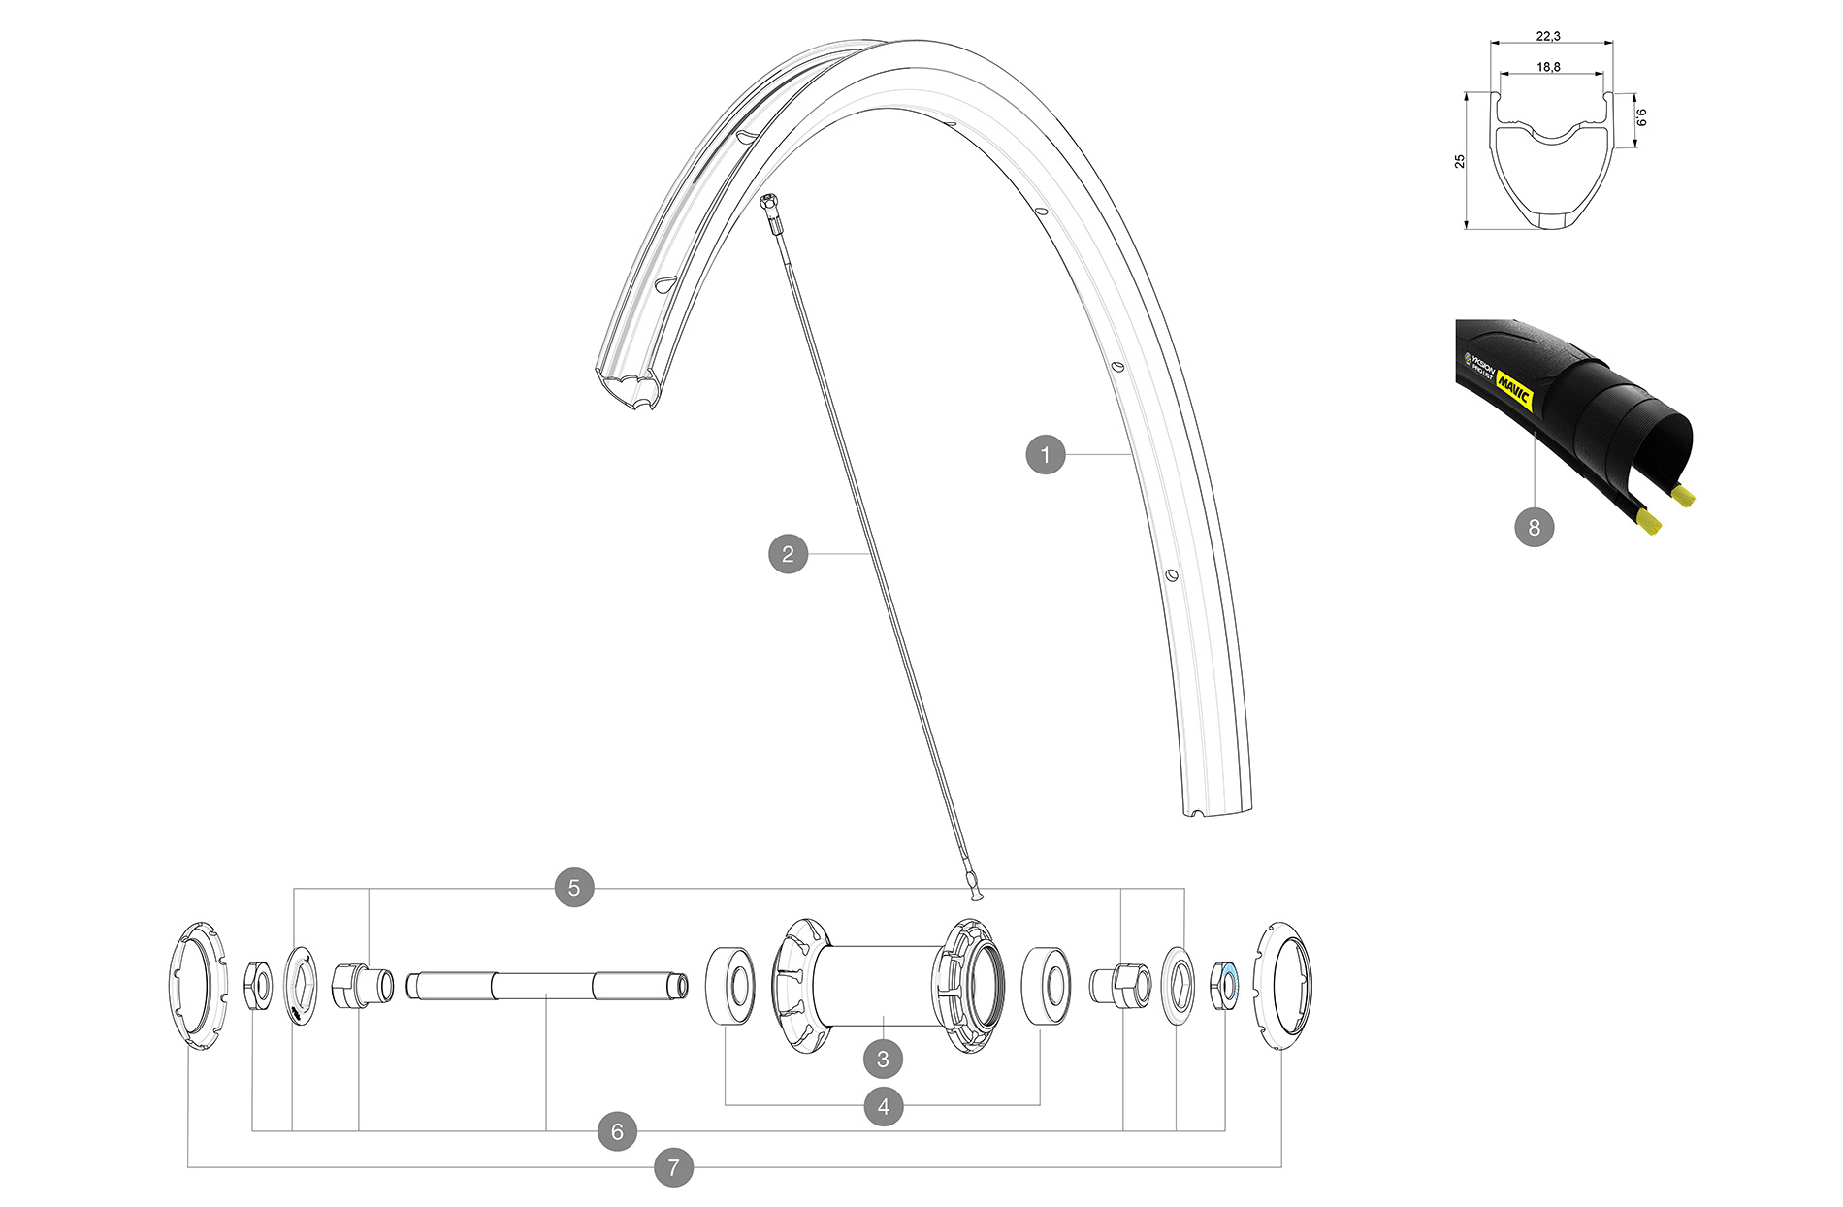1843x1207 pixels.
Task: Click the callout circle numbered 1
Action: pos(1045,454)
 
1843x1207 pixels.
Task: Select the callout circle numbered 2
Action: pos(788,554)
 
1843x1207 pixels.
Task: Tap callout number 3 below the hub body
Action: pos(883,1059)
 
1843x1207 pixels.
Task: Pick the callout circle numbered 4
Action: pos(883,1106)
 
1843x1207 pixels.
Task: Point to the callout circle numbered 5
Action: pos(574,888)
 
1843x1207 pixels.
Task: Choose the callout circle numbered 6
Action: pos(617,1131)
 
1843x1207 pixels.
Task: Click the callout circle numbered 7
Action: pos(673,1166)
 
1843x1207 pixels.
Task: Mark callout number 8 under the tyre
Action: pos(1534,527)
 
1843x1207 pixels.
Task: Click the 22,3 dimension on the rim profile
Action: pos(1548,36)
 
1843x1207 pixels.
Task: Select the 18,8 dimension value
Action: pos(1548,67)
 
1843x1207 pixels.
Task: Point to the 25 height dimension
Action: pos(1460,161)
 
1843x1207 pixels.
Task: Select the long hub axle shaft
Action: pos(546,986)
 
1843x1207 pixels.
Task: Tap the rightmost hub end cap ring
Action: pos(1282,987)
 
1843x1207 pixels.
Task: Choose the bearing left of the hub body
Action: pos(730,986)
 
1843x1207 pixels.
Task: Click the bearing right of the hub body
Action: pos(1047,985)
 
